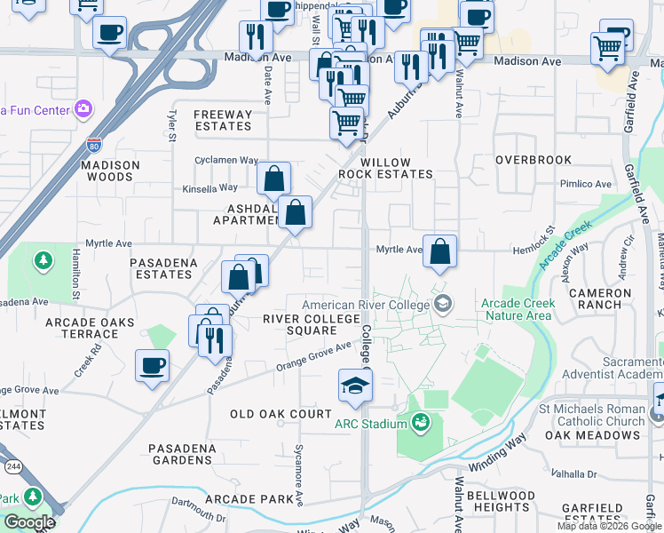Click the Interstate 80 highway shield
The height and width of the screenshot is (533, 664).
(95, 142)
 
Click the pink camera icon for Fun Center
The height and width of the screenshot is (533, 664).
(83, 109)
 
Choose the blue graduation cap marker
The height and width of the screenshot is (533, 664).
(355, 386)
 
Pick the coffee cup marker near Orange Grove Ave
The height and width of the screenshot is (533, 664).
(152, 365)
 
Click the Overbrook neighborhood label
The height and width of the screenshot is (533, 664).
(534, 160)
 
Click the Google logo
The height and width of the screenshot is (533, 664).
(29, 521)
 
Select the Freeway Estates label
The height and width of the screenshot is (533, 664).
(223, 120)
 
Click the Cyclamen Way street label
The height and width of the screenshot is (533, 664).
(226, 161)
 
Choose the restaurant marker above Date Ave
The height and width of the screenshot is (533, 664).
(255, 37)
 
